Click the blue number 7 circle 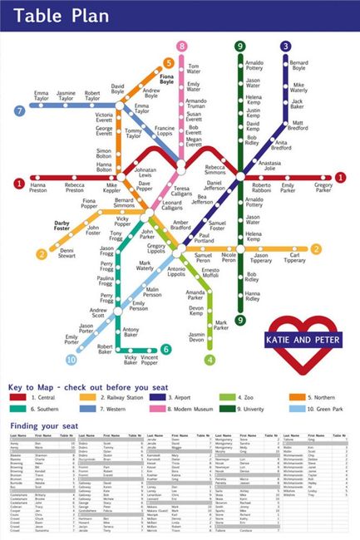click(19, 109)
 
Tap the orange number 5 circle click(170, 61)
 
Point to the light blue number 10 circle click(71, 360)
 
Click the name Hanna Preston click(38, 189)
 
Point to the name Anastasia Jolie click(270, 166)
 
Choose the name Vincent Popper click(149, 360)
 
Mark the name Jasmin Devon click(195, 336)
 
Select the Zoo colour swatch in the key click(224, 398)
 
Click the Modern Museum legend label click(196, 409)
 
